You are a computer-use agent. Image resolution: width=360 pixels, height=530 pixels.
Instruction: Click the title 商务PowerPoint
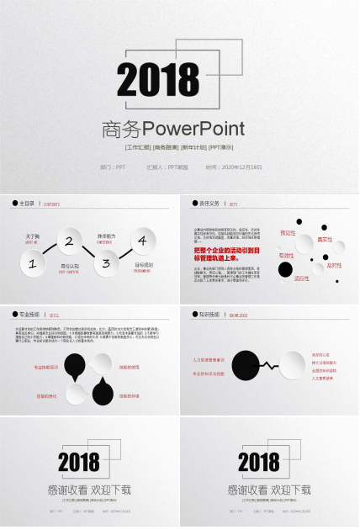click(172, 130)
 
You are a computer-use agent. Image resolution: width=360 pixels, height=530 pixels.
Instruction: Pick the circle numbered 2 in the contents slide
click(69, 241)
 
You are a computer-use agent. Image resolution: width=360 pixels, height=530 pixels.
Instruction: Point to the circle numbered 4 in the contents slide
click(142, 241)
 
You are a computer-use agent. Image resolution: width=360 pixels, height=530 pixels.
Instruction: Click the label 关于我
click(33, 236)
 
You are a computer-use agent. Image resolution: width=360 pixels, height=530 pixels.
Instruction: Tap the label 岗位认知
click(70, 267)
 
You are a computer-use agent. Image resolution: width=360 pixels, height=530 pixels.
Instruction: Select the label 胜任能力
click(106, 236)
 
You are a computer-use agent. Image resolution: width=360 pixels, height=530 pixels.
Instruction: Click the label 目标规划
click(143, 266)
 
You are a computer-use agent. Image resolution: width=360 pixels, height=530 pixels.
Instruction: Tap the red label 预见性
click(288, 233)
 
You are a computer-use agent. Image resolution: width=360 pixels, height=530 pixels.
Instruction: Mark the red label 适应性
click(301, 278)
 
